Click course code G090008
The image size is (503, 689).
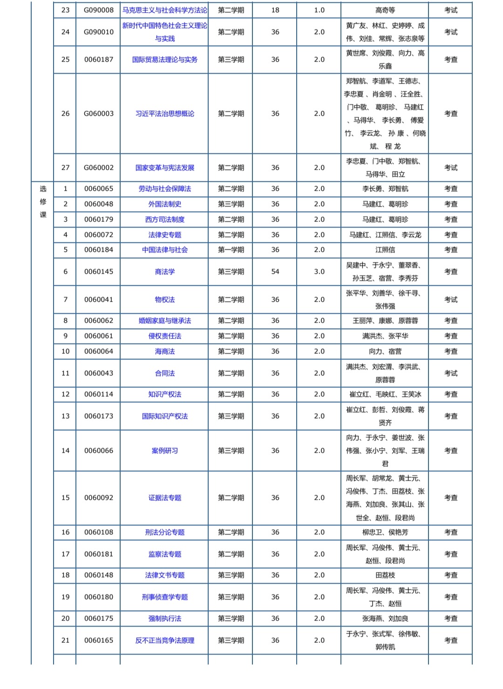tap(99, 10)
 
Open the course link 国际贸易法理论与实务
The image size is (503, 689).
tap(165, 60)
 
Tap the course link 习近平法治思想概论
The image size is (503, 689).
tap(165, 114)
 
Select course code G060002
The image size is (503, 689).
tap(99, 168)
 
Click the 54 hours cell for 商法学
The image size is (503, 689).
tap(275, 272)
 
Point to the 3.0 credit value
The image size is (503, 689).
tap(319, 272)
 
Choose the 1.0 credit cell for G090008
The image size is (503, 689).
tap(319, 10)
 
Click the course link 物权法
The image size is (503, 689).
tap(165, 300)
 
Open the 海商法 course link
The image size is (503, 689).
tap(165, 351)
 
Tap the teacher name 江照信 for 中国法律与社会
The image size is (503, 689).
tap(385, 250)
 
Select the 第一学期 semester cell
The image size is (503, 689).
tap(231, 250)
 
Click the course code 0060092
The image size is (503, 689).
tap(99, 498)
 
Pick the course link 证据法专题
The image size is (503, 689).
tap(165, 498)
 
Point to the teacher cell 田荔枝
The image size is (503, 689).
tap(385, 575)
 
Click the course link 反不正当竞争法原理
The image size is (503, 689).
tap(165, 641)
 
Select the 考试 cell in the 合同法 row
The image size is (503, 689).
tap(451, 373)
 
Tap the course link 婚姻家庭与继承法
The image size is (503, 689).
tap(165, 321)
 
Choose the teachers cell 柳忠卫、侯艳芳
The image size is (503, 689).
tap(385, 532)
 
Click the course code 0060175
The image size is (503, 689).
tap(99, 619)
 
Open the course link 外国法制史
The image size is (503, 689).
tap(165, 204)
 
